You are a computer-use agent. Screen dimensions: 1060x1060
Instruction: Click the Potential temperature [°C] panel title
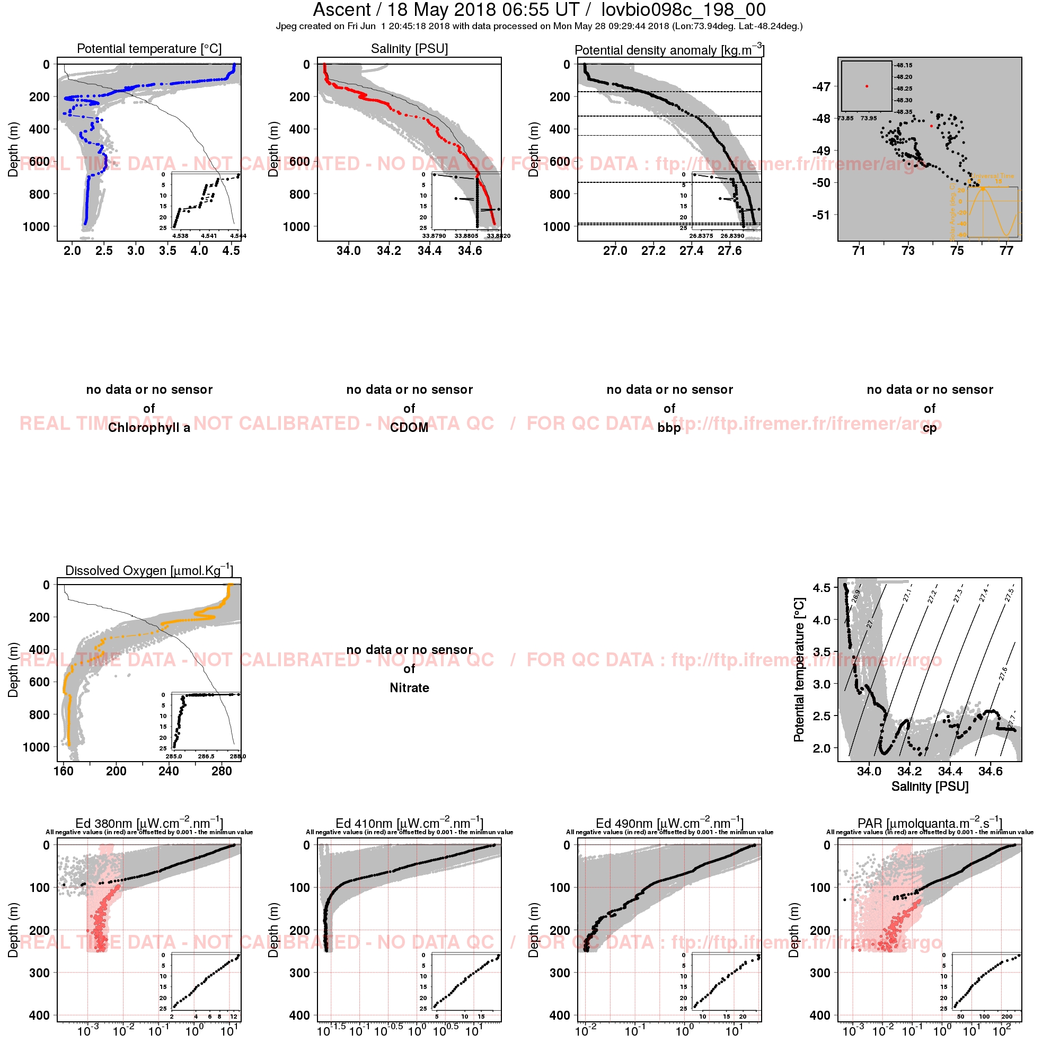click(149, 49)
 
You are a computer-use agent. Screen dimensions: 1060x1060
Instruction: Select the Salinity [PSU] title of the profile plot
click(409, 49)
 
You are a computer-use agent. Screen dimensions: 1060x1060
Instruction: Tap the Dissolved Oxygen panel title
click(149, 571)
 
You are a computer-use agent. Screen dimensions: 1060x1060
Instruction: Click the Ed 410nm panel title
click(409, 824)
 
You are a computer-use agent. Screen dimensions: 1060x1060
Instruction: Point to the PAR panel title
click(930, 824)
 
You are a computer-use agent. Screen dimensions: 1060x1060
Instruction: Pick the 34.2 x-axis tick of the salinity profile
click(388, 251)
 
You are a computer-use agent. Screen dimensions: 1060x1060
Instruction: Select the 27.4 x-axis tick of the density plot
click(691, 251)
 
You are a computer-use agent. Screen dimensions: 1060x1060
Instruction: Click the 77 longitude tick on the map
click(1006, 251)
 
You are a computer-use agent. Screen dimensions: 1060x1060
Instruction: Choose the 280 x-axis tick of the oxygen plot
click(221, 771)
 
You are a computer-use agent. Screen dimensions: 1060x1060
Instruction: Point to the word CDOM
click(409, 428)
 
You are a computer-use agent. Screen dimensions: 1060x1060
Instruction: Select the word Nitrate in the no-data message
click(409, 688)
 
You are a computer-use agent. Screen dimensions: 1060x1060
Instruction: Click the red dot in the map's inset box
click(867, 86)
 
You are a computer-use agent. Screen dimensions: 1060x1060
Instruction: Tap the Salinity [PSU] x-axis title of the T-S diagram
click(930, 786)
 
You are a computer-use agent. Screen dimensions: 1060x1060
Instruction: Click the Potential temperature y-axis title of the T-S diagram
click(799, 670)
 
